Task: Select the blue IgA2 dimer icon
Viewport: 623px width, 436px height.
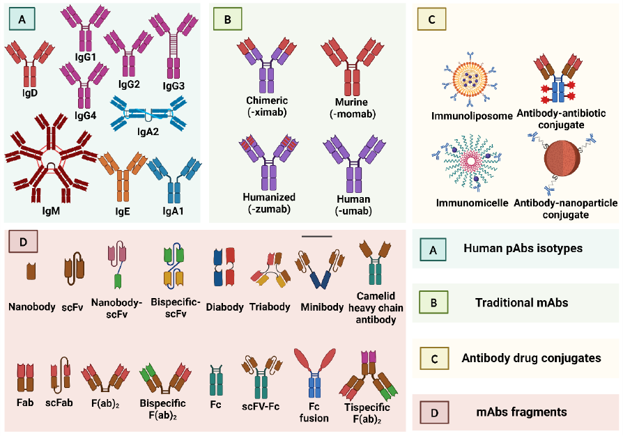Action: tap(151, 113)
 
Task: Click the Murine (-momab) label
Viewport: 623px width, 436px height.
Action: tap(346, 107)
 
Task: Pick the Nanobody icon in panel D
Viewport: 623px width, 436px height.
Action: tap(31, 272)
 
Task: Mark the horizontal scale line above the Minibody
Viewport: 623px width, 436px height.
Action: tap(317, 236)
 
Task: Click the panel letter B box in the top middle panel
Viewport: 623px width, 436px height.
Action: tap(228, 20)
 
